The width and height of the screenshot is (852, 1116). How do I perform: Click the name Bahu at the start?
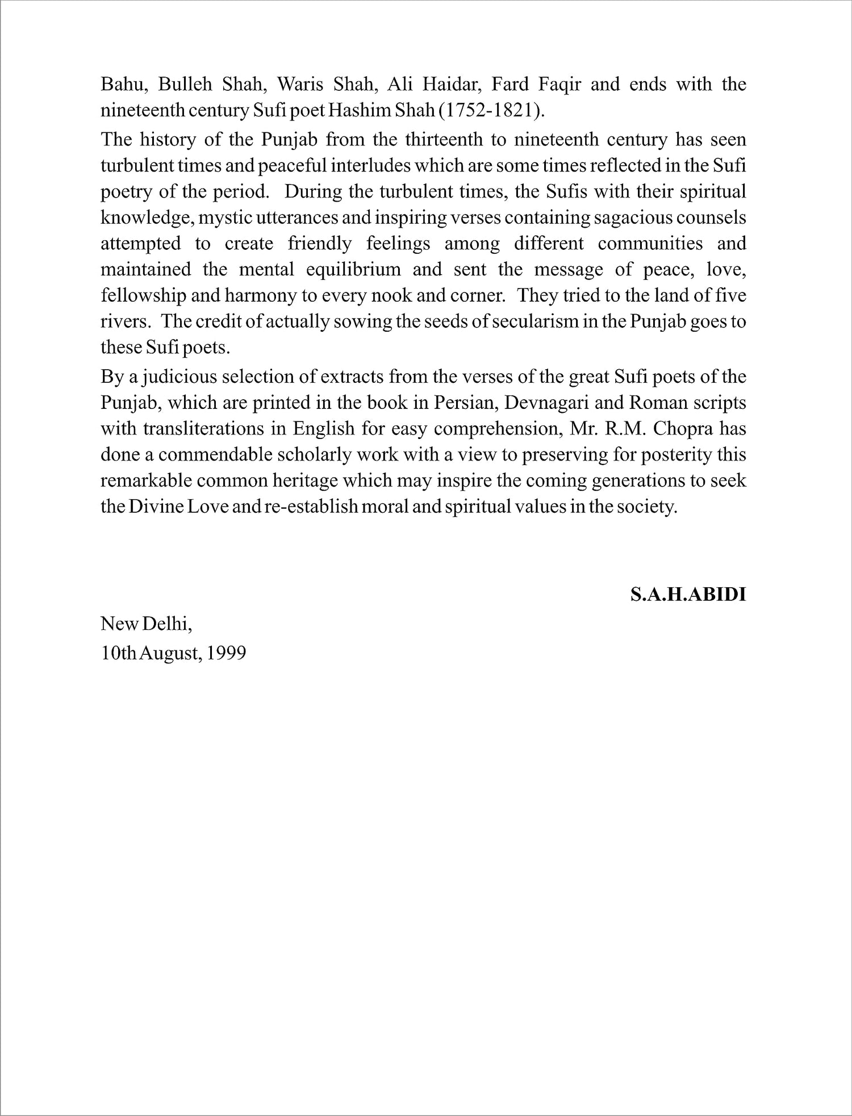click(120, 85)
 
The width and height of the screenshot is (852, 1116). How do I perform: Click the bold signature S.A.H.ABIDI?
click(688, 595)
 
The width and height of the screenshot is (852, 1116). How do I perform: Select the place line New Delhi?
click(147, 624)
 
